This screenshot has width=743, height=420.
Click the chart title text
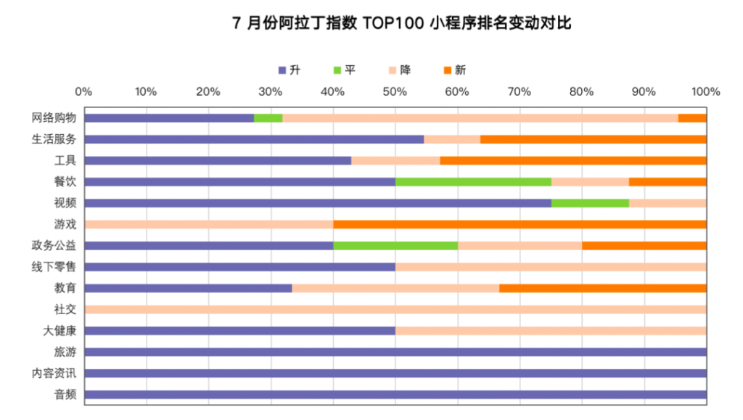(x=401, y=23)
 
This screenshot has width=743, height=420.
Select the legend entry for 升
(x=289, y=70)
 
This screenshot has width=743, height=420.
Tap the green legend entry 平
(x=344, y=70)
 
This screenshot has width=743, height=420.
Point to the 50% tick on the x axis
(x=395, y=91)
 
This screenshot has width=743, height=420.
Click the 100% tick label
(x=705, y=91)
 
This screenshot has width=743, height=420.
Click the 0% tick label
(x=84, y=91)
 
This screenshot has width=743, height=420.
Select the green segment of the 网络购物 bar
(x=268, y=118)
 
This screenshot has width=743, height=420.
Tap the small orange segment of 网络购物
(x=692, y=118)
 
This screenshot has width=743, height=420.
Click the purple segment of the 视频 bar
(x=318, y=203)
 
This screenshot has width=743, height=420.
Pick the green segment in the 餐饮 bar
(x=473, y=182)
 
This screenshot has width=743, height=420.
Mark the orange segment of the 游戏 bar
(x=520, y=224)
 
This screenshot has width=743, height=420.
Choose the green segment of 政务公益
(x=395, y=245)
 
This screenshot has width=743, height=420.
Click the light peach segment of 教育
(x=395, y=288)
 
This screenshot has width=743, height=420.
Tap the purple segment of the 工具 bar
(x=218, y=160)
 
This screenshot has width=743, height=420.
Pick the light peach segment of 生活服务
(x=452, y=139)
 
